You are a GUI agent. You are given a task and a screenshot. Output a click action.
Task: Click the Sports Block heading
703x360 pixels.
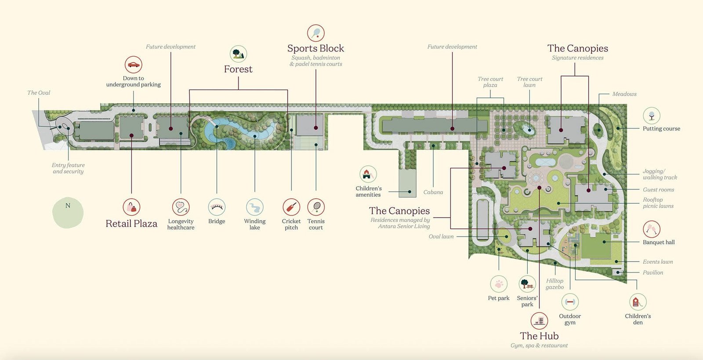point(315,48)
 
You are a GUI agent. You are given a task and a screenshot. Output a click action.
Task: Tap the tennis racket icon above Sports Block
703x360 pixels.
point(316,33)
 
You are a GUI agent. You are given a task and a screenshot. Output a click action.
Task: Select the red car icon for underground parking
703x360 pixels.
point(134,65)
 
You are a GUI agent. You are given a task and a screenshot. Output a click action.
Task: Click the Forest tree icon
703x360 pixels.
point(238,54)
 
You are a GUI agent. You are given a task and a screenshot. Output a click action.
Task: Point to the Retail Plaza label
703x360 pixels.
point(131,223)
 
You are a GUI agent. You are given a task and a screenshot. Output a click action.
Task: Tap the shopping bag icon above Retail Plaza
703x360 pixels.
point(131,207)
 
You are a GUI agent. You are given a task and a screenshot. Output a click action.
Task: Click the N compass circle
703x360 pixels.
point(68,213)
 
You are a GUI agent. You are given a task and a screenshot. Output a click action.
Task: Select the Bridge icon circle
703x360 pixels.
point(217,207)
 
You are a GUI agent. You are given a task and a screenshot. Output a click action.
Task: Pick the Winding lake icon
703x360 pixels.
point(254,207)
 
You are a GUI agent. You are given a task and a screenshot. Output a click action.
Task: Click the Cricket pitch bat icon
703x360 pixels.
point(291,207)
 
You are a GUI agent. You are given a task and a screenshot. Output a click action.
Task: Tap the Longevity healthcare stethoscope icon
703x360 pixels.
point(181,207)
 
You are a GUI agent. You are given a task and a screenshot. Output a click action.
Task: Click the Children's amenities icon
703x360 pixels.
point(368,174)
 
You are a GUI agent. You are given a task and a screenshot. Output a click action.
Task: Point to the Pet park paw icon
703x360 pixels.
point(499,284)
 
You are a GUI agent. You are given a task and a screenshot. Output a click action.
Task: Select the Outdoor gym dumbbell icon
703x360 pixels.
point(570,302)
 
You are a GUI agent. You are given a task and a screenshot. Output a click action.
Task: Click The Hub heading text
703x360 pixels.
point(539,336)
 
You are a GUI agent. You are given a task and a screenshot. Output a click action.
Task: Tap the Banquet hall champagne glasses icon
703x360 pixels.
point(652,229)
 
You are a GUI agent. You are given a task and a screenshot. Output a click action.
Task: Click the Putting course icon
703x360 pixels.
point(652,116)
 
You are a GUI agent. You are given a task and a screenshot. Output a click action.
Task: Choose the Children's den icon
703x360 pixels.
point(638,302)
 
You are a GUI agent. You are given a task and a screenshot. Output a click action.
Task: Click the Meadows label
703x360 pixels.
point(624,94)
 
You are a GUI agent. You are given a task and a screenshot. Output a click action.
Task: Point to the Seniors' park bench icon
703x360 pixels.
point(527,284)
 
